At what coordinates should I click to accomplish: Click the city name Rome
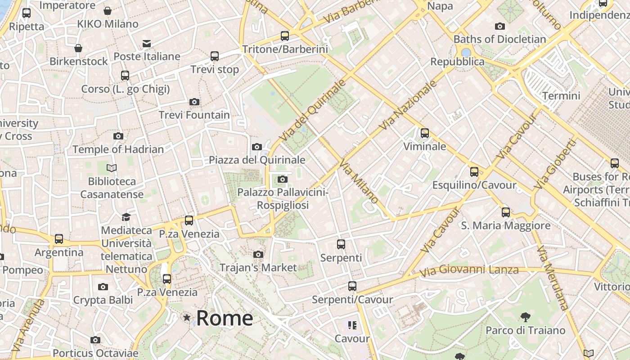click(x=225, y=318)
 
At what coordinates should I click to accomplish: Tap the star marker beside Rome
click(x=187, y=318)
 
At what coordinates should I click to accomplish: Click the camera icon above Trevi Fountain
click(x=194, y=102)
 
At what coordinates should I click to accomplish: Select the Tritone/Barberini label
click(x=285, y=49)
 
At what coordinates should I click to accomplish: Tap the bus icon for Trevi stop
click(x=215, y=56)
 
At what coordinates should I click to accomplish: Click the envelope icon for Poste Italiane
click(x=147, y=43)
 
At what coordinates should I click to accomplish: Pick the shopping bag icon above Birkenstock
click(x=78, y=48)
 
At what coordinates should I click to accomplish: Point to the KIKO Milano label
click(x=108, y=24)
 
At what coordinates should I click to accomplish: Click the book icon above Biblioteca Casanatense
click(x=112, y=168)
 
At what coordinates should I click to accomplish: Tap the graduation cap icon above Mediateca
click(x=126, y=217)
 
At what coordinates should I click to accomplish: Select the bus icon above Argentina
click(x=59, y=239)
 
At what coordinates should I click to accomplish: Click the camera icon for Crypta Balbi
click(x=103, y=287)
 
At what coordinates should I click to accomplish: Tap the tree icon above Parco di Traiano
click(x=525, y=317)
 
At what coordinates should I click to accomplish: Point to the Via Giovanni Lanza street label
click(x=469, y=271)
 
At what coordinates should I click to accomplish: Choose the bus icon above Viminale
click(x=424, y=133)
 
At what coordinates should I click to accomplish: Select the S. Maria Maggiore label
click(x=506, y=225)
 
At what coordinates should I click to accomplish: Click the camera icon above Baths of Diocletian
click(x=499, y=27)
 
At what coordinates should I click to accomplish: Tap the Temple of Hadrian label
click(x=118, y=149)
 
